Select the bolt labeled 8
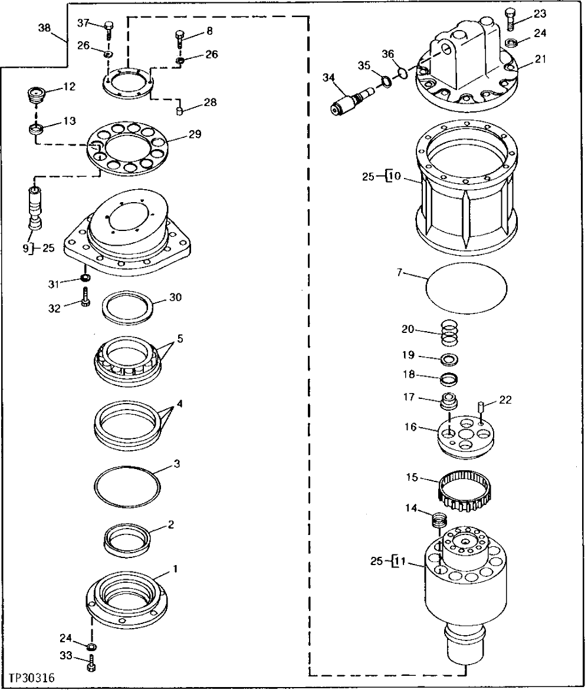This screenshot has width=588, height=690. tap(179, 40)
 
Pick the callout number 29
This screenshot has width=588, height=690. tap(195, 135)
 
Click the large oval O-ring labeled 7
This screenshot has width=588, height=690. tap(466, 286)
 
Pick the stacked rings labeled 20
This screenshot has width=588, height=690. tap(449, 332)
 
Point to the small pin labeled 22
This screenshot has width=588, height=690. tap(481, 407)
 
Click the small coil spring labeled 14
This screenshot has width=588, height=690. tap(438, 521)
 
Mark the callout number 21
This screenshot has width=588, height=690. tap(541, 58)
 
